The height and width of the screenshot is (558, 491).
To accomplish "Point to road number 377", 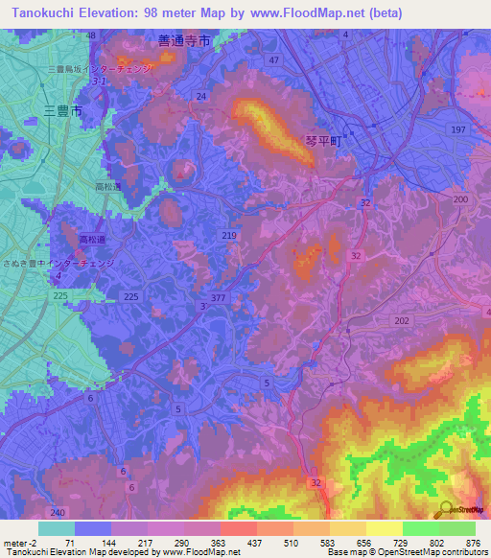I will [219, 298].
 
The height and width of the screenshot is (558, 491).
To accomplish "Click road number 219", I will [229, 235].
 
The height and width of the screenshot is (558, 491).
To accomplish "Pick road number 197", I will [457, 129].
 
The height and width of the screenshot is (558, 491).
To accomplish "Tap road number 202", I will [402, 321].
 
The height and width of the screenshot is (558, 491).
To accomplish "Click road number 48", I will [91, 35].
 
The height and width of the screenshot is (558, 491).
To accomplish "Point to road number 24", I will [200, 97].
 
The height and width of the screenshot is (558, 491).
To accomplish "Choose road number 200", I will [460, 198].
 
